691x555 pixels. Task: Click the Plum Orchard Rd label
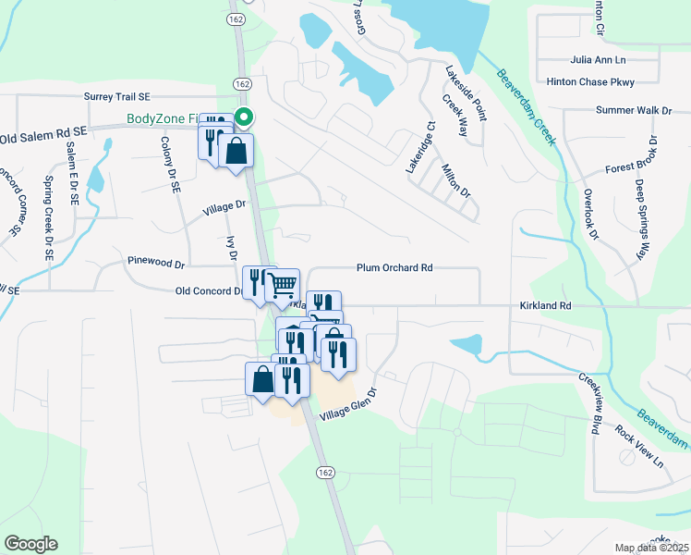click(394, 268)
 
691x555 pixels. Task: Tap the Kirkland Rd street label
click(546, 305)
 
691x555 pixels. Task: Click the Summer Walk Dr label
click(634, 111)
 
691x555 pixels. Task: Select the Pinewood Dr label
click(157, 263)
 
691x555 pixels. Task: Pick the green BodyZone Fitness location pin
click(245, 117)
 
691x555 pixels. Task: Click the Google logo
click(30, 544)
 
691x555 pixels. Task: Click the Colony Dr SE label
click(170, 164)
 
